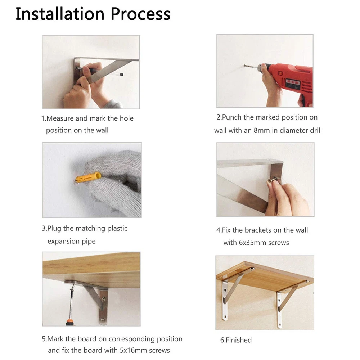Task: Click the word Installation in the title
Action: (x=60, y=14)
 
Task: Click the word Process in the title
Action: (x=140, y=14)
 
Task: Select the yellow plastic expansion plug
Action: (x=88, y=177)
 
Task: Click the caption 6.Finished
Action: (x=236, y=340)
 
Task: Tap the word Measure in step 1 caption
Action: (x=60, y=118)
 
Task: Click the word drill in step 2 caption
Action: (x=316, y=130)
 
